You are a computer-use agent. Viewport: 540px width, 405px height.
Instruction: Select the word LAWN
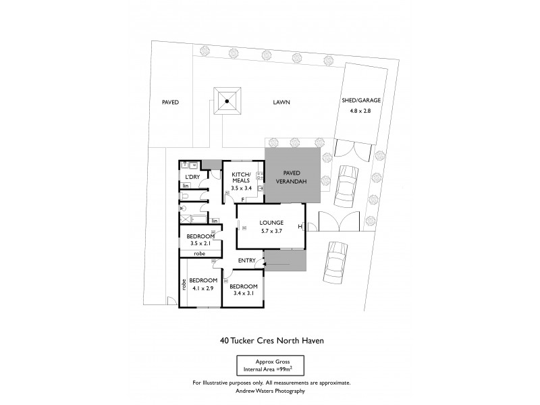[x=281, y=103]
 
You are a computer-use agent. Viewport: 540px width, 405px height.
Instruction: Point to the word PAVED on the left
[x=170, y=103]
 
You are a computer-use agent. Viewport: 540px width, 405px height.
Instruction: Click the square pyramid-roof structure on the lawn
[x=227, y=102]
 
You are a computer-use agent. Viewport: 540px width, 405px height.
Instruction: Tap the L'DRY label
[x=192, y=177]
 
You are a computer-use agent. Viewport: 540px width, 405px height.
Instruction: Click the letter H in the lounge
[x=299, y=227]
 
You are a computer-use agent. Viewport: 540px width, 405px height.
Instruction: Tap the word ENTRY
[x=247, y=261]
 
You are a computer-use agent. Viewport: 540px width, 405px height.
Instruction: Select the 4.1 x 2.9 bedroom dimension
[x=202, y=288]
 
